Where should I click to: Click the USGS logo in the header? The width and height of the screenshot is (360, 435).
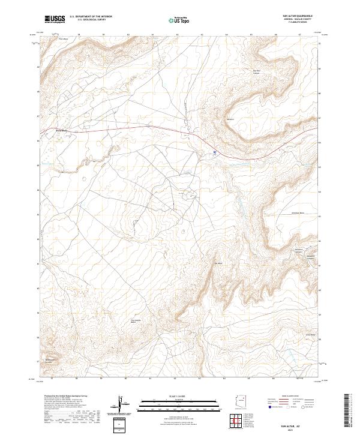tap(56, 19)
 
